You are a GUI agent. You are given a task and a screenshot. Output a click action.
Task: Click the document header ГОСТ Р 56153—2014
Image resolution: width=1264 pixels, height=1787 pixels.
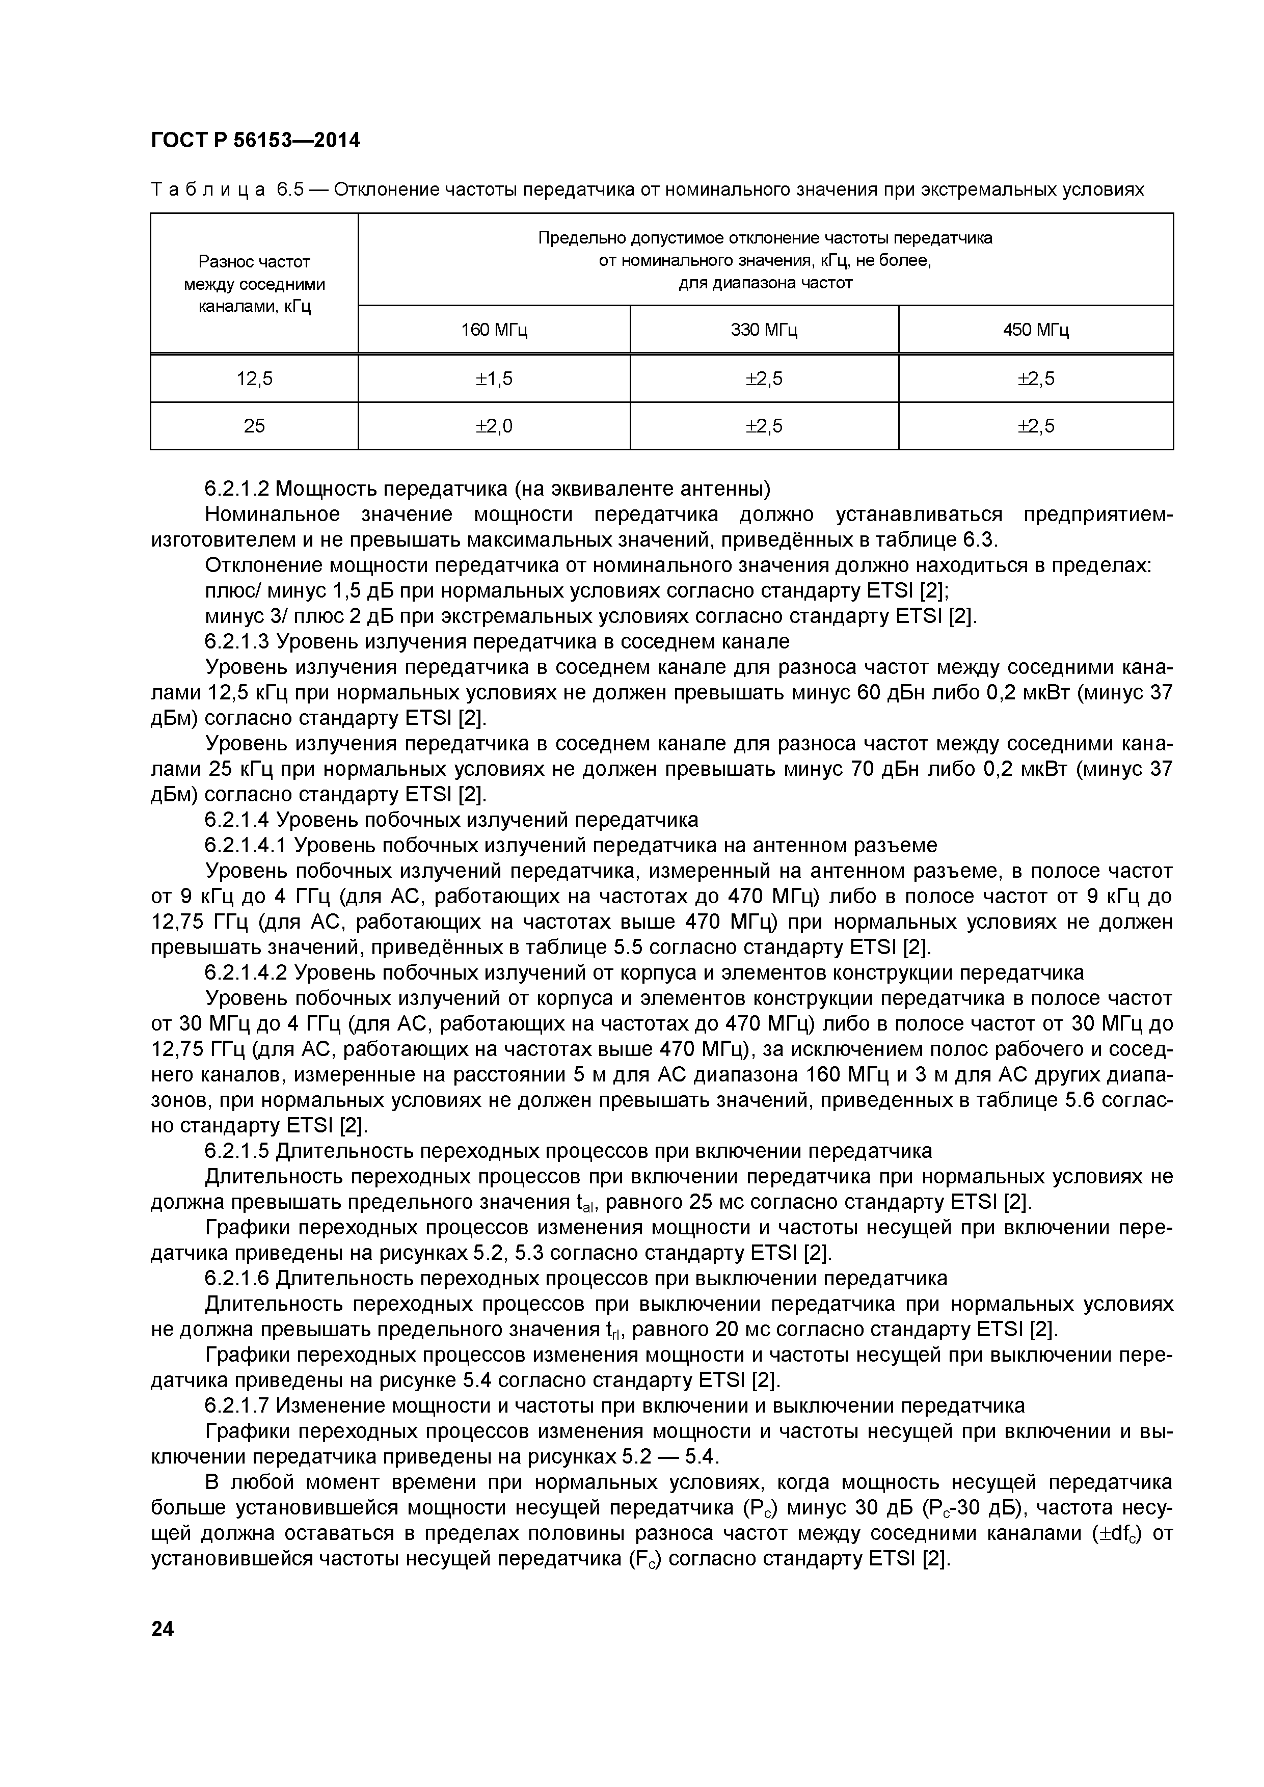click(255, 141)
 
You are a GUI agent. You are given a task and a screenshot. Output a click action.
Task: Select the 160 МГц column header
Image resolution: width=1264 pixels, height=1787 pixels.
click(494, 330)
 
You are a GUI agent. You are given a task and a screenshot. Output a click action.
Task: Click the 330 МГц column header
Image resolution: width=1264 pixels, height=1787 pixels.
click(764, 330)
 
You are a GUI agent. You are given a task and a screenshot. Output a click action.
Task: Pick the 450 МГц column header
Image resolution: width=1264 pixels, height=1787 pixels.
click(1035, 330)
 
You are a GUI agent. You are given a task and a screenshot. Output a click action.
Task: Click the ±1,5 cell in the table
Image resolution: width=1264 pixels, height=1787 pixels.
click(494, 379)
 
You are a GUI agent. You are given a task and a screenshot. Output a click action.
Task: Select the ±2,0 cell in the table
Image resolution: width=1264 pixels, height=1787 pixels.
click(494, 426)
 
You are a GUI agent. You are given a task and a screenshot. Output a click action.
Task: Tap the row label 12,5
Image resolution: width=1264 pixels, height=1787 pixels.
click(255, 379)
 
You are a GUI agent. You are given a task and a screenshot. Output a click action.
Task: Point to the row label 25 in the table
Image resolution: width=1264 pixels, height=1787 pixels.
click(255, 426)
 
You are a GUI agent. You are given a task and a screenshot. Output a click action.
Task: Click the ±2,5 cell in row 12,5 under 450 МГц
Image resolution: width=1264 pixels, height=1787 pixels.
click(1035, 379)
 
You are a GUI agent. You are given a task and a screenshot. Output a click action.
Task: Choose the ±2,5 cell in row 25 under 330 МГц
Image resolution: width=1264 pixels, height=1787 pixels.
click(764, 426)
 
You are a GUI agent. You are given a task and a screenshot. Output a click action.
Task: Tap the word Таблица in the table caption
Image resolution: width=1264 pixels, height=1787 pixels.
click(208, 190)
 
